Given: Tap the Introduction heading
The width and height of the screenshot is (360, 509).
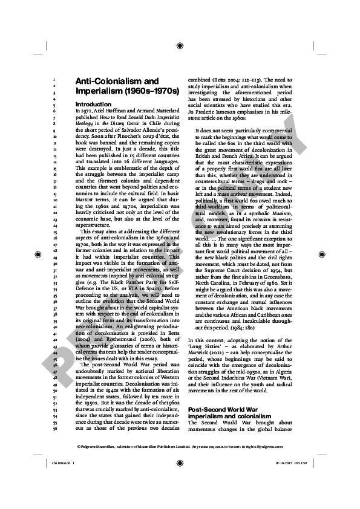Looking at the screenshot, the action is coord(94,105).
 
